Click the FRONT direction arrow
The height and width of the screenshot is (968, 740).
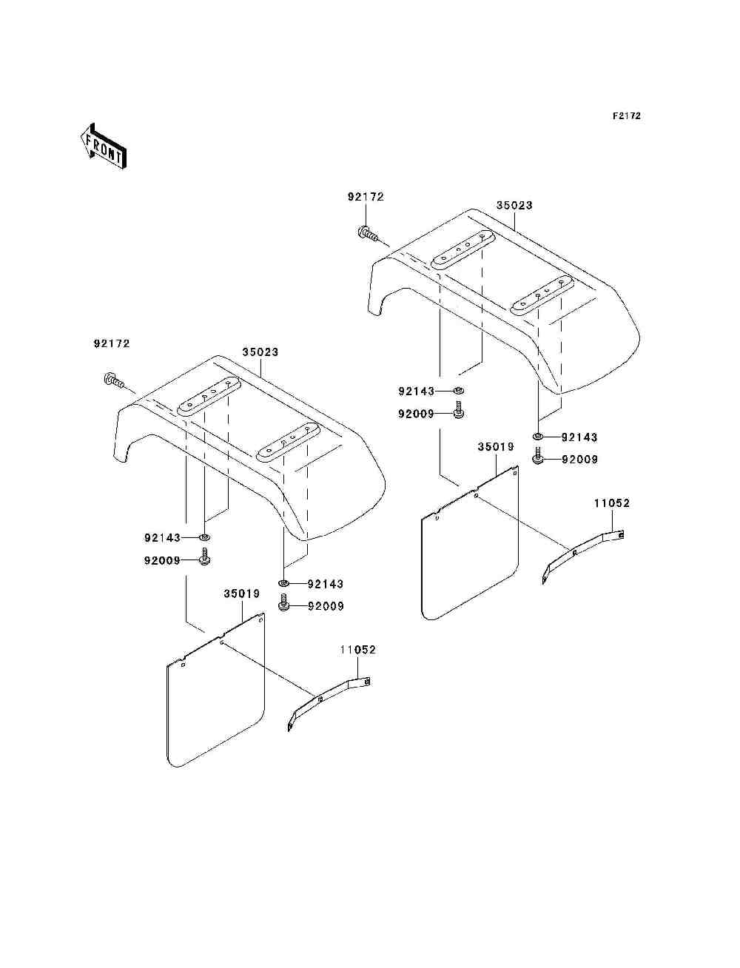[103, 146]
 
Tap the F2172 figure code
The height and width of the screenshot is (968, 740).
[626, 116]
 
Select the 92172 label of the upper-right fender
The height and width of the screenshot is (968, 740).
[366, 197]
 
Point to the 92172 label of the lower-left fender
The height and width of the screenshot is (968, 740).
[112, 343]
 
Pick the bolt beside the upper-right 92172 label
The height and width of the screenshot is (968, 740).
[369, 234]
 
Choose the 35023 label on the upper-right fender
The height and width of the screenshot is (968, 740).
[514, 205]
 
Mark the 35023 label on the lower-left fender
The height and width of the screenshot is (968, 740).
[260, 352]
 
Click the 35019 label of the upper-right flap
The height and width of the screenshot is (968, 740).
[496, 447]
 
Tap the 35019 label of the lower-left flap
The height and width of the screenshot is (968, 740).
[242, 594]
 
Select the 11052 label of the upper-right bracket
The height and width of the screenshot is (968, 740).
[612, 503]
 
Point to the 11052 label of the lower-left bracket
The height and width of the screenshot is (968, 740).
[358, 650]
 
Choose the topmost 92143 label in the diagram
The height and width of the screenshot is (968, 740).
[417, 391]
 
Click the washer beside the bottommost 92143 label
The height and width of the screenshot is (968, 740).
[284, 584]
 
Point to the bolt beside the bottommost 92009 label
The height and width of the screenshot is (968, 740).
[283, 605]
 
